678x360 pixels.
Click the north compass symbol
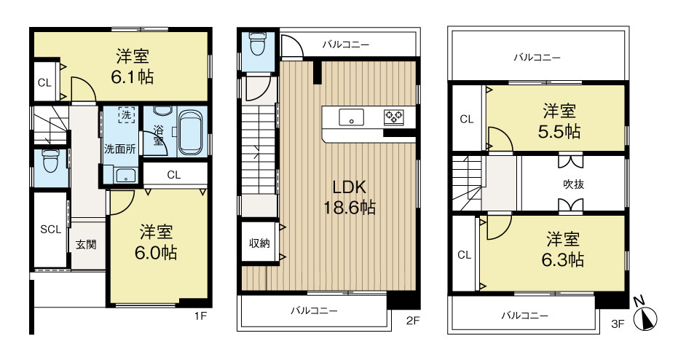645,317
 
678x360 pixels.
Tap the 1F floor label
200,316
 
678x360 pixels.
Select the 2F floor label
413,321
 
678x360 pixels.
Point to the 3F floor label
618,324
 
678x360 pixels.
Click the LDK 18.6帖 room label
350,197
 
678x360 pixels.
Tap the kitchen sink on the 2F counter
351,117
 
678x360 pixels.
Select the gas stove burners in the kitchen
393,117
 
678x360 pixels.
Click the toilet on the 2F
258,44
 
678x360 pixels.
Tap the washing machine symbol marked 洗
126,115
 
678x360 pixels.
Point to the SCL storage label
50,230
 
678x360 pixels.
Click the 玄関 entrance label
86,244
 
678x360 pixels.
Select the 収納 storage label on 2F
259,243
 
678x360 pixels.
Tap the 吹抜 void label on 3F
573,184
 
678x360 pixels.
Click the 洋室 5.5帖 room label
559,121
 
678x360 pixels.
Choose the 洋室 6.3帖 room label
562,250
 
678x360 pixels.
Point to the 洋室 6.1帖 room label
133,66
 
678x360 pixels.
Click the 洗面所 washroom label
119,149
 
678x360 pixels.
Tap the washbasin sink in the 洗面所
126,176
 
